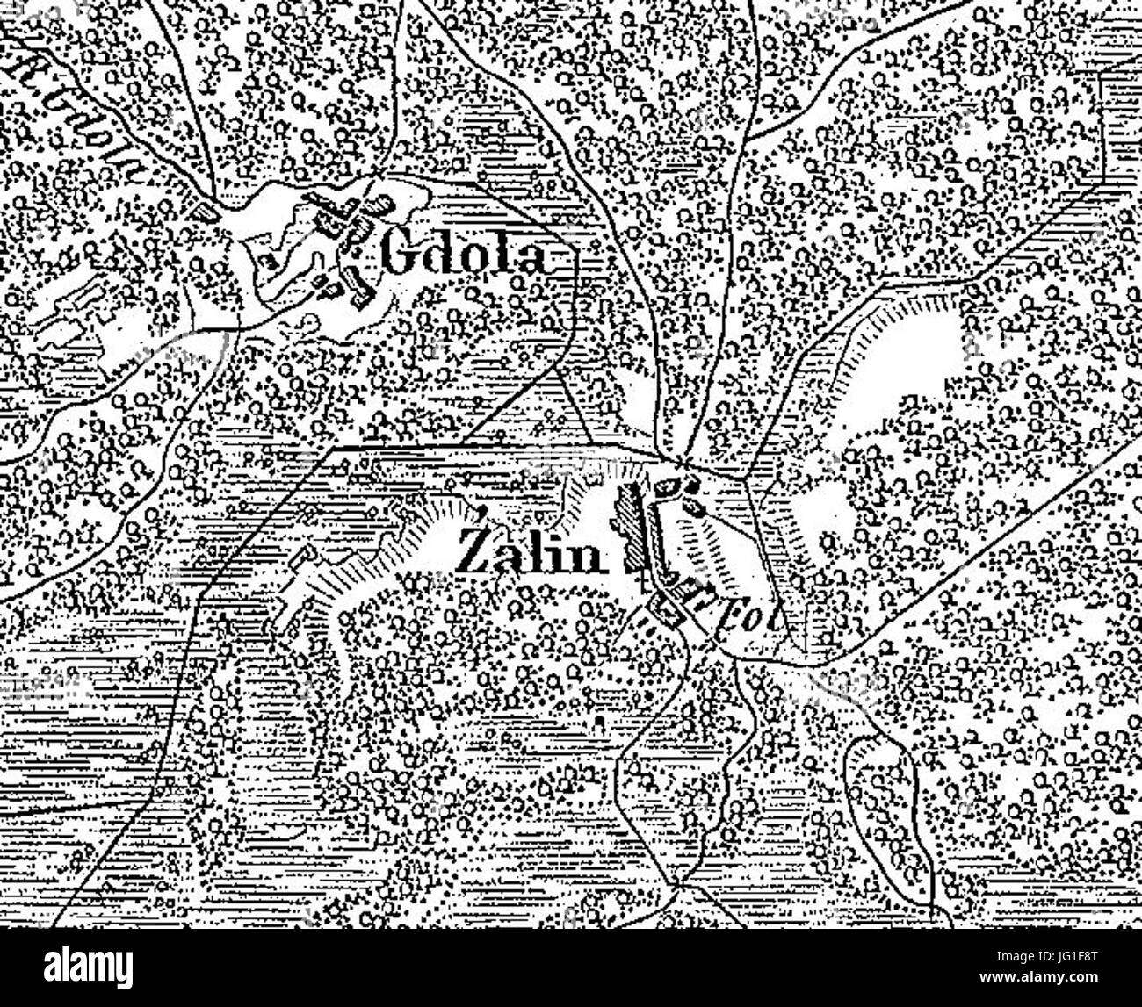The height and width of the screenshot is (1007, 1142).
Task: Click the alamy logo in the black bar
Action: click(x=90, y=967)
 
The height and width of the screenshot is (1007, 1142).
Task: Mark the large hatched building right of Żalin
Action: click(x=629, y=527)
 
